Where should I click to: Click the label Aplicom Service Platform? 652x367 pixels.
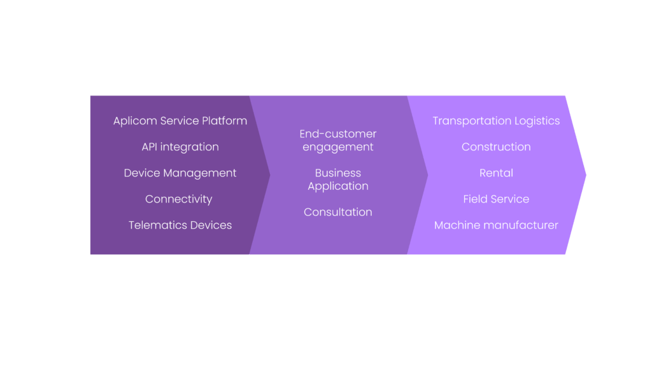point(180,121)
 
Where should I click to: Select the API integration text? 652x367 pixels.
point(180,147)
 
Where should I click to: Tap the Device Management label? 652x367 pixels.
point(180,173)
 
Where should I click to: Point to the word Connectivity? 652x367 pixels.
point(179,199)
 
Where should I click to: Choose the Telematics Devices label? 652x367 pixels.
point(180,225)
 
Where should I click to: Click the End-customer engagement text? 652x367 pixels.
point(338,141)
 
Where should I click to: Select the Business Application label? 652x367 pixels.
point(338,180)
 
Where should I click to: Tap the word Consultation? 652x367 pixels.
point(338,212)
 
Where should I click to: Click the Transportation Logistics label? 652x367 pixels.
point(496,121)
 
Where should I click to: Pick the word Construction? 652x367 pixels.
point(496,147)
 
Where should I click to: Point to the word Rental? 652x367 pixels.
point(496,173)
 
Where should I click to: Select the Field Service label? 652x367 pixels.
point(496,199)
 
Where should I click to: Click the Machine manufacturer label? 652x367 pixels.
point(496,225)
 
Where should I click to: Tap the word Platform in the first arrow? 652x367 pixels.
point(225,120)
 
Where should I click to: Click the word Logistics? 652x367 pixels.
point(537,121)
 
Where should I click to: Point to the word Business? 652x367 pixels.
point(338,173)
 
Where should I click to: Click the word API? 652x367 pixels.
point(149,147)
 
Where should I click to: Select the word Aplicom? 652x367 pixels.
point(135,121)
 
